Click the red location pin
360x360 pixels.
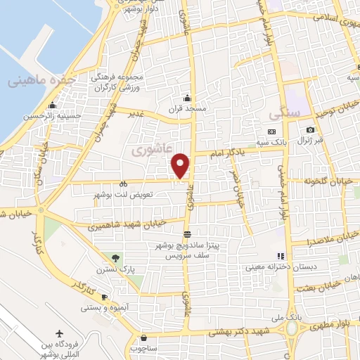181,165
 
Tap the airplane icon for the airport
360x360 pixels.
58,332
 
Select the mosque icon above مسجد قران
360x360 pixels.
187,98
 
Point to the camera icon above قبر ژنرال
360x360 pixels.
310,129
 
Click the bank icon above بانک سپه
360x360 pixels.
271,131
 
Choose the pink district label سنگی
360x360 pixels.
284,112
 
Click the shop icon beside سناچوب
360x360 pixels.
143,337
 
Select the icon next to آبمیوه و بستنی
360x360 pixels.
104,297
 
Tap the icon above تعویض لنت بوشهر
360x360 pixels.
124,182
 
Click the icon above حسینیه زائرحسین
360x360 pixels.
51,107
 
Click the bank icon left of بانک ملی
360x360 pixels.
279,318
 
